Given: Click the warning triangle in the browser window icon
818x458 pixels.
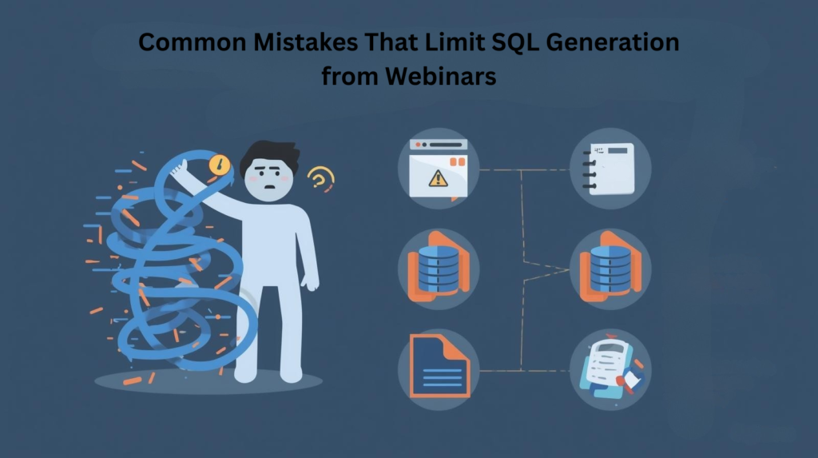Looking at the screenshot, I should coord(437,179).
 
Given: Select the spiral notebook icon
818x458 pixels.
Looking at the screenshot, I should coord(610,168).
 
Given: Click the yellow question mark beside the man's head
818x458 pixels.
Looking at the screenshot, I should coord(321,177).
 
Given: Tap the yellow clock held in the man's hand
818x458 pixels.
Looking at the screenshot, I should coord(218,165).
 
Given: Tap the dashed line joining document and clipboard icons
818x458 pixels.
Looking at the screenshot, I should coord(523,371).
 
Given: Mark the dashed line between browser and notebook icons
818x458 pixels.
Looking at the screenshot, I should coord(523,169).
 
